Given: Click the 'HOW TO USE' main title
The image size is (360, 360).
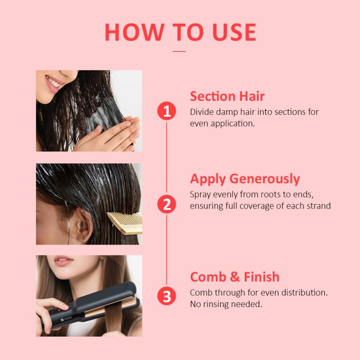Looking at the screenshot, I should point(180,32).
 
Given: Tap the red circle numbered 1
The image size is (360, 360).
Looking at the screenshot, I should point(166,112).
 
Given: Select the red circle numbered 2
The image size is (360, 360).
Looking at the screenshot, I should point(166,204).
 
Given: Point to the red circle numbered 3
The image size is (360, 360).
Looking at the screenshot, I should point(166,296).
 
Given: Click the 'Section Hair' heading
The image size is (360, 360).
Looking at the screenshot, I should point(227,97).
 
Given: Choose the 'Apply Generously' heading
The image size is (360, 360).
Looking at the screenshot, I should point(245,179).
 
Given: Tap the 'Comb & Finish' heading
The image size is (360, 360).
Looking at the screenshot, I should point(234,277).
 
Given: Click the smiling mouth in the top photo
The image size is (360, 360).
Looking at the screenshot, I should point(53,84).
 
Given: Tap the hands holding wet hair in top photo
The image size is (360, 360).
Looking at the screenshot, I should point(112,134).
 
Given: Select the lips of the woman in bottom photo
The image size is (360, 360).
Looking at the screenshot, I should point(63,261).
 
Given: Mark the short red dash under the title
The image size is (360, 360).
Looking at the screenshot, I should point(180,51).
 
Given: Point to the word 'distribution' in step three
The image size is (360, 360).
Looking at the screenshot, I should point(305,292).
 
